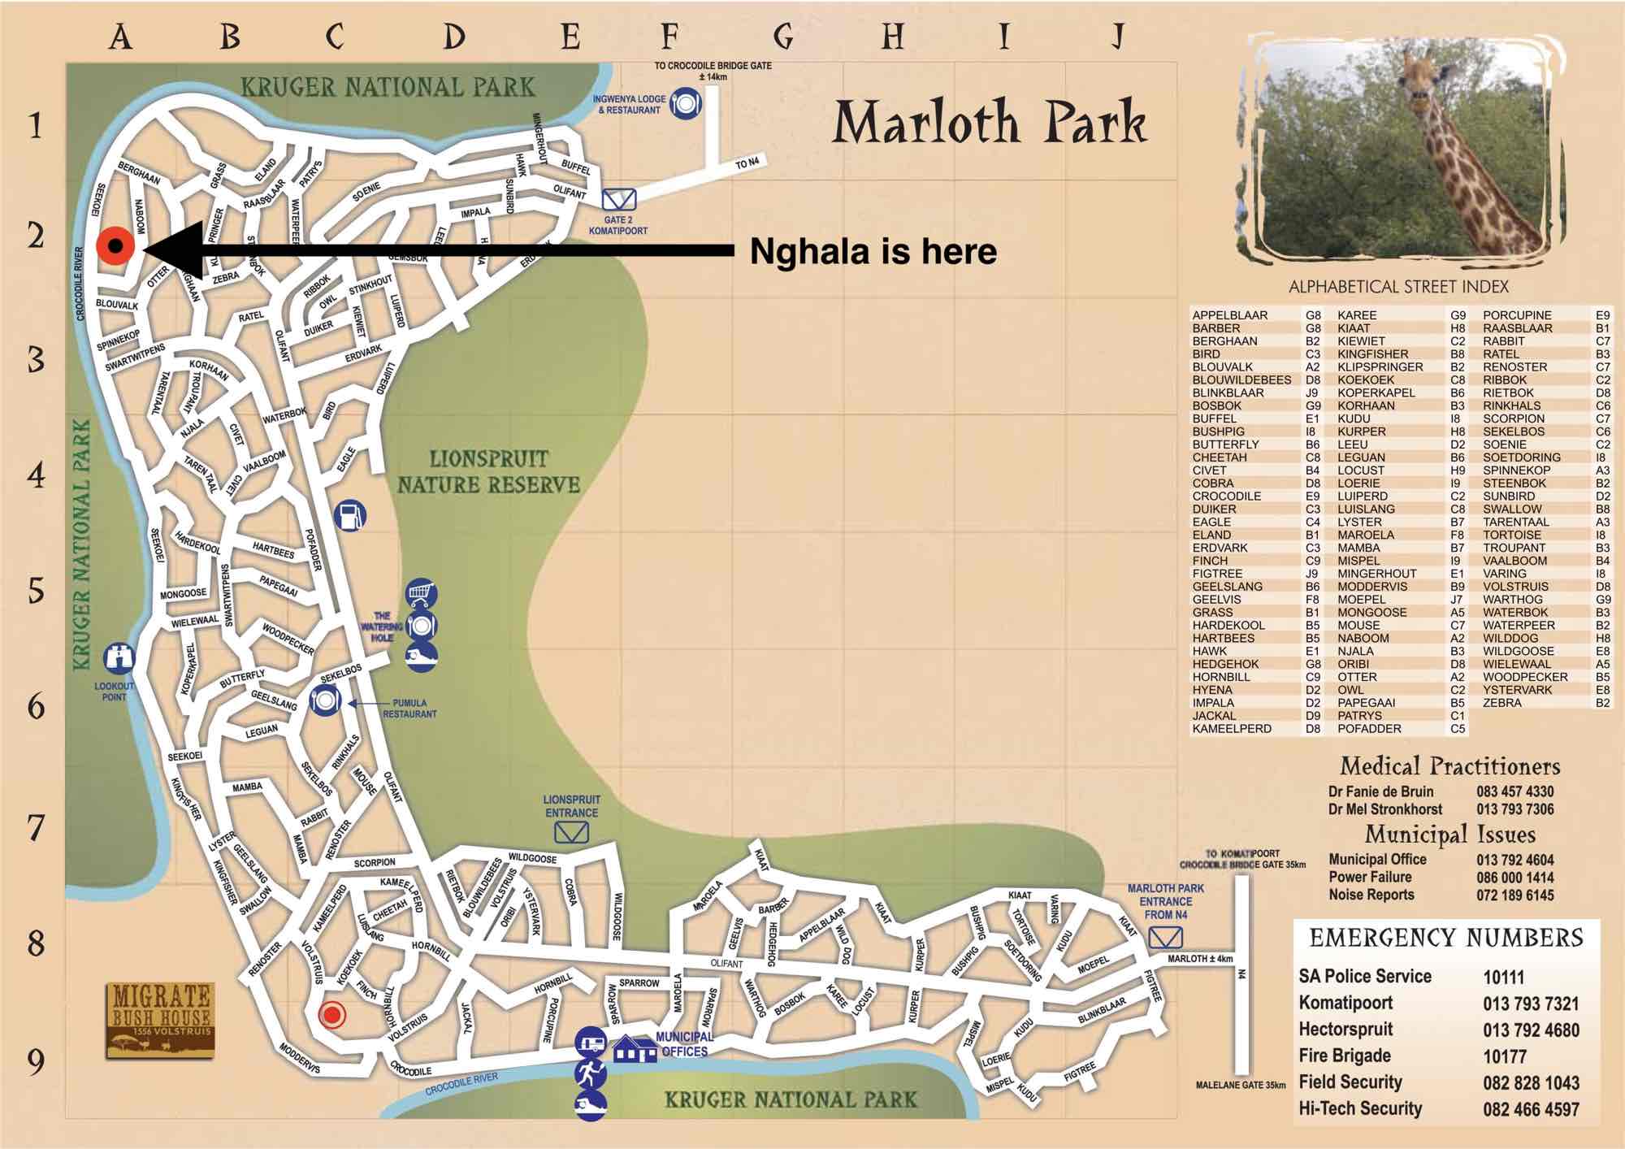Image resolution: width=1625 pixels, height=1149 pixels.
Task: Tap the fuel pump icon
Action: [350, 515]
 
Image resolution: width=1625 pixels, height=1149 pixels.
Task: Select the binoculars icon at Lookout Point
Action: [119, 658]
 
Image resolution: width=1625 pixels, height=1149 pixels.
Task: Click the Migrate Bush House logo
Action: [160, 1020]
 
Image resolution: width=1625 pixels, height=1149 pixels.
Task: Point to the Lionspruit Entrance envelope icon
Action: [571, 832]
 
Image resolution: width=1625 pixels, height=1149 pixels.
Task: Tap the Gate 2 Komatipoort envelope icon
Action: [619, 199]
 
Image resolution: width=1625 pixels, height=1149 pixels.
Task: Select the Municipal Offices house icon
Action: [634, 1049]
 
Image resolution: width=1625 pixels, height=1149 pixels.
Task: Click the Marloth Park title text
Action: [990, 124]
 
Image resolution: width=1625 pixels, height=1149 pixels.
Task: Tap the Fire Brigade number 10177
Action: [1504, 1056]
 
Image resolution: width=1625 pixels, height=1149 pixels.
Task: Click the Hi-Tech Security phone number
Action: [1531, 1109]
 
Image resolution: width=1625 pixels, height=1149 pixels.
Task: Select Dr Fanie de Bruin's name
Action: [1380, 791]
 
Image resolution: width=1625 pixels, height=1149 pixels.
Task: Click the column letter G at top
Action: [783, 37]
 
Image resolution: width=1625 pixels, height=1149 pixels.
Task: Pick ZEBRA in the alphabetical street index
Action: [1501, 703]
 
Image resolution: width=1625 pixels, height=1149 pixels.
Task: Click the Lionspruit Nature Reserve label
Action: [488, 472]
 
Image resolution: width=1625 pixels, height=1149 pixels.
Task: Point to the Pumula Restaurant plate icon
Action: [325, 700]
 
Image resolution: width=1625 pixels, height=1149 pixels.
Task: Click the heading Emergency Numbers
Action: [1446, 939]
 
